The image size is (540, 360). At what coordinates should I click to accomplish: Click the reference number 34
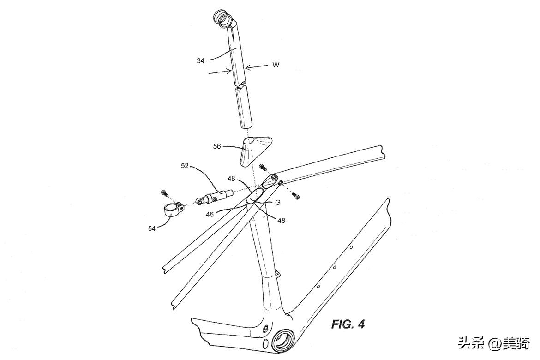[200, 60]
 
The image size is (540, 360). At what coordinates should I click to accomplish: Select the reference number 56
[217, 146]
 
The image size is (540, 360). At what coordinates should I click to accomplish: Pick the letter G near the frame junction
[278, 202]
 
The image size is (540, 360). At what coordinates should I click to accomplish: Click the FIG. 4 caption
[348, 324]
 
